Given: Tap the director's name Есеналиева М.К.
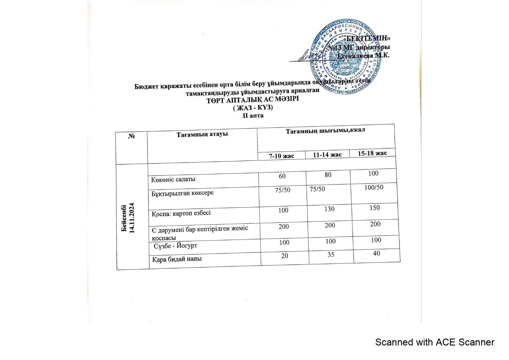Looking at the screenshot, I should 364,55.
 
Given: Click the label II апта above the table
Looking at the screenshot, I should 253,115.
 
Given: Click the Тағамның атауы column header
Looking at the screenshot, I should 202,134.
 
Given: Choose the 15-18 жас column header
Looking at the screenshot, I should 372,153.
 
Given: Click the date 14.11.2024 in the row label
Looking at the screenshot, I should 132,218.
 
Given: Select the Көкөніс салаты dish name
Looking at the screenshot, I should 173,179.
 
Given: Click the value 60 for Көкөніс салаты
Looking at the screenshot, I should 282,176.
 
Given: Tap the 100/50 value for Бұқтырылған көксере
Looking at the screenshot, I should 374,187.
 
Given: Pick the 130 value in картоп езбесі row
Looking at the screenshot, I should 330,209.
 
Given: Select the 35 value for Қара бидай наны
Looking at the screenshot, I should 331,254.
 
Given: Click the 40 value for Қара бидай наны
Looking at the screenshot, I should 376,253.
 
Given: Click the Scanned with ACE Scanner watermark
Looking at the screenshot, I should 434,342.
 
